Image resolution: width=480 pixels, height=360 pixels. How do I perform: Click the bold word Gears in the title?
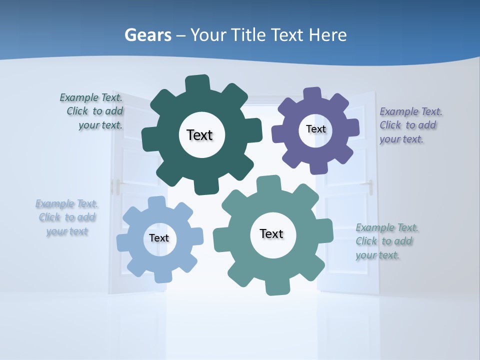coord(147,35)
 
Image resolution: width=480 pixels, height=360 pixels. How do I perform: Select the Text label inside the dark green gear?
coord(200,135)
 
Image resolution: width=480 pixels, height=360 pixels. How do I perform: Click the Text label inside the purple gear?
coord(315,129)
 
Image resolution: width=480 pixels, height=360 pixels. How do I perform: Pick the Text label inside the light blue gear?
coord(159,238)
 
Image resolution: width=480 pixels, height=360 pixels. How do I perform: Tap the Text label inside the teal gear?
coord(271,233)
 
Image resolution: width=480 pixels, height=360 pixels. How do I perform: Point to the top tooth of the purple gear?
coord(312,94)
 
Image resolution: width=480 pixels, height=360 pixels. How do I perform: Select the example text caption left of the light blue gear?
coord(66,217)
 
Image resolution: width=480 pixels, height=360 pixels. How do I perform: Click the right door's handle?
coord(370,187)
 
